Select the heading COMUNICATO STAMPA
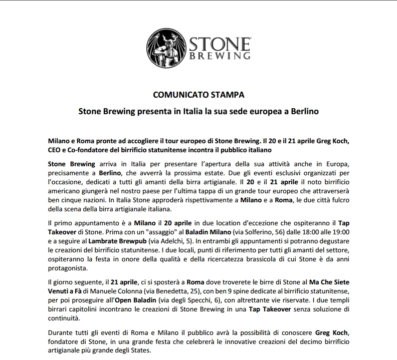pos(198,94)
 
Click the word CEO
pos(56,150)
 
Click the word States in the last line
pos(148,350)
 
